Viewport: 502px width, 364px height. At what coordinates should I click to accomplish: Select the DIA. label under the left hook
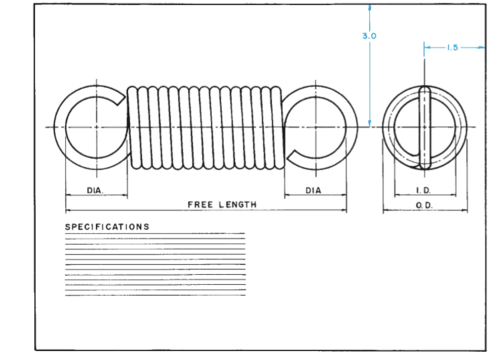click(96, 191)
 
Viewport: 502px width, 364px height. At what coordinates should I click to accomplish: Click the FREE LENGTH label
click(222, 205)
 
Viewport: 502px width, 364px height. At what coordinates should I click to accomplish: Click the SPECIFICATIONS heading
click(107, 227)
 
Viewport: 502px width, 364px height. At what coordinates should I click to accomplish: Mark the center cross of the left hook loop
click(96, 126)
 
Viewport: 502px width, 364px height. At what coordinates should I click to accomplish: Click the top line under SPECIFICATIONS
click(155, 234)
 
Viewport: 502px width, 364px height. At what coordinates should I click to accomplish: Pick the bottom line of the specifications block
click(155, 295)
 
